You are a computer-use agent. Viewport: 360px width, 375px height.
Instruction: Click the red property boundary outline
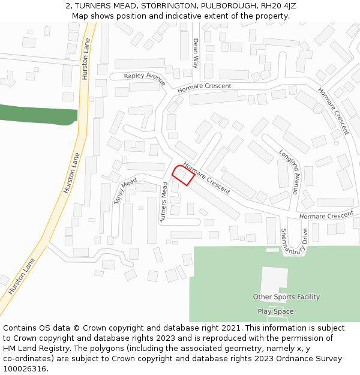(x=183, y=175)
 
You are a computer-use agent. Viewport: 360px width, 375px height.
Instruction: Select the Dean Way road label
(x=195, y=53)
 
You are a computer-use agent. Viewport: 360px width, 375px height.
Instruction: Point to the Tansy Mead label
(x=125, y=191)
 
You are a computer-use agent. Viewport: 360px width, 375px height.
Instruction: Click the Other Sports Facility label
(x=286, y=297)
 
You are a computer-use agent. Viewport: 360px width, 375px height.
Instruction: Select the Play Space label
(x=275, y=311)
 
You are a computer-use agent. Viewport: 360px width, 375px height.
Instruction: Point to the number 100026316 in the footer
(x=24, y=369)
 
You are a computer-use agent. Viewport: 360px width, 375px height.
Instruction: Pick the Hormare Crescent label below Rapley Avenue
(x=204, y=87)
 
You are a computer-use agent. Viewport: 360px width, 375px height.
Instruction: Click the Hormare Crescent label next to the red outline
(x=206, y=178)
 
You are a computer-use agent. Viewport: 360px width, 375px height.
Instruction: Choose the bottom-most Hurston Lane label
(x=22, y=277)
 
